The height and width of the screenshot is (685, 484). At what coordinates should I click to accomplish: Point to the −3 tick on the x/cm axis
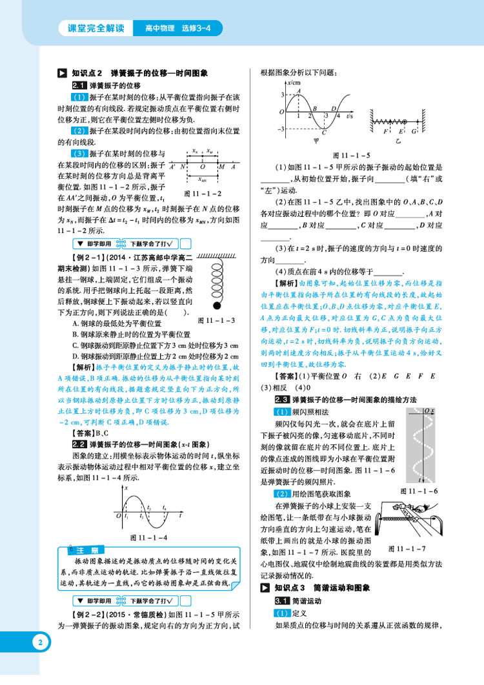click(282, 129)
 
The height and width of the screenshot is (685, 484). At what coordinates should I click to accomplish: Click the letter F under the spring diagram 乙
click(385, 131)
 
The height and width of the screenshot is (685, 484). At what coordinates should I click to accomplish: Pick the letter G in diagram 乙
click(414, 131)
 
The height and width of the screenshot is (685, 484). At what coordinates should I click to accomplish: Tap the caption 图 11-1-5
click(351, 156)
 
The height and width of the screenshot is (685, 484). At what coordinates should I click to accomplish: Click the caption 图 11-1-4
click(148, 537)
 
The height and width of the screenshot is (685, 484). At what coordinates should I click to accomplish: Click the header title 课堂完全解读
click(95, 28)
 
